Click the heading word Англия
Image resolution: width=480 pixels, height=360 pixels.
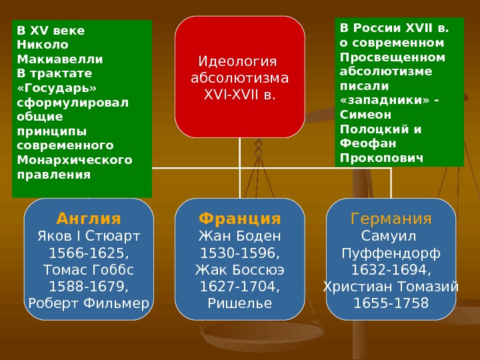point(89,219)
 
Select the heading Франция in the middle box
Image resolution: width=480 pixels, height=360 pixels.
point(240,219)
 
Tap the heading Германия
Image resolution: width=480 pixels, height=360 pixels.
point(391,219)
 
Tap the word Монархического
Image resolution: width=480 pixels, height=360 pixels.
point(75,160)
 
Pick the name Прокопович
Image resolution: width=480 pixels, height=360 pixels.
point(381,158)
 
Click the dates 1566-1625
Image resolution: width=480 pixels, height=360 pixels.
point(89,253)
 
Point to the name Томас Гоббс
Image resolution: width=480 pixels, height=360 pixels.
point(89,270)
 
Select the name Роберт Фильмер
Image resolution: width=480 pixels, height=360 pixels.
point(89,304)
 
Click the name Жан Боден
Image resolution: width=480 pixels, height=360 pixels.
point(240,236)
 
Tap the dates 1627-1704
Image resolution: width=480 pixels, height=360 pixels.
point(240,287)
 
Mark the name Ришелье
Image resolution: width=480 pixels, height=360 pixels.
point(240,304)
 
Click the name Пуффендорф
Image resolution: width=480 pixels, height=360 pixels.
point(391,253)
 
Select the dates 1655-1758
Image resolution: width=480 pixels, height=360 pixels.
point(391,304)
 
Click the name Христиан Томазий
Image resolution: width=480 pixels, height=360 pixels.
point(391,287)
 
